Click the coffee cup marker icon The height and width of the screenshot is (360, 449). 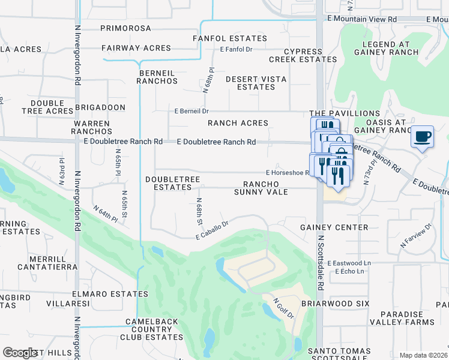pyautogui.click(x=423, y=137)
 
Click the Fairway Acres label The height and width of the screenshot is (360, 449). pyautogui.click(x=136, y=48)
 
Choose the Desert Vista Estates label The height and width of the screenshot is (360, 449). pyautogui.click(x=256, y=83)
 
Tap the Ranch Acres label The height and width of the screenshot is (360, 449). pyautogui.click(x=238, y=123)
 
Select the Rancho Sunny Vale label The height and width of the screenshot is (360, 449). pyautogui.click(x=265, y=188)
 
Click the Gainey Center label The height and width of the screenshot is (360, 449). pyautogui.click(x=334, y=227)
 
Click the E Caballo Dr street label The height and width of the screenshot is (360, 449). pyautogui.click(x=212, y=231)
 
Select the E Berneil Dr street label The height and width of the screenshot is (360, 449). pyautogui.click(x=191, y=111)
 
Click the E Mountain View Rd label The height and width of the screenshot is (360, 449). pyautogui.click(x=363, y=19)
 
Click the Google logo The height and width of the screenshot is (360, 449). pyautogui.click(x=20, y=353)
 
